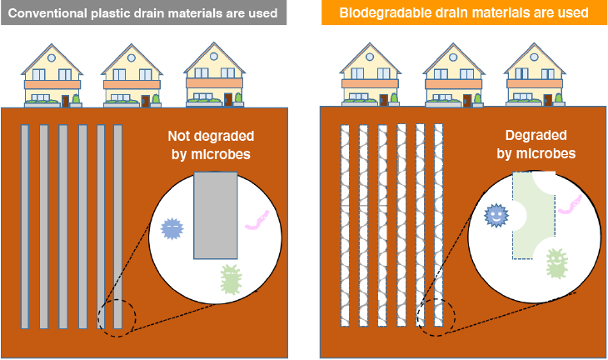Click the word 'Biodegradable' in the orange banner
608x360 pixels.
[380, 13]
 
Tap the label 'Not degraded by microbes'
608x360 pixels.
[211, 144]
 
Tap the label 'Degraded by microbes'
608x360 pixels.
[536, 144]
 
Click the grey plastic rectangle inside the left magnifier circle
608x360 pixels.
[216, 216]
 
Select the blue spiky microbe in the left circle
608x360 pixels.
[172, 227]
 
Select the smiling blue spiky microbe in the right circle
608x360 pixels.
[496, 216]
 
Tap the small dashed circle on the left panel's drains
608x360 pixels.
[116, 318]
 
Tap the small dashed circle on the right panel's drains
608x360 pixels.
[436, 317]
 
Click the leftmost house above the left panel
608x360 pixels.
[51, 77]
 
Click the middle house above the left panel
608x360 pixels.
[132, 77]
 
